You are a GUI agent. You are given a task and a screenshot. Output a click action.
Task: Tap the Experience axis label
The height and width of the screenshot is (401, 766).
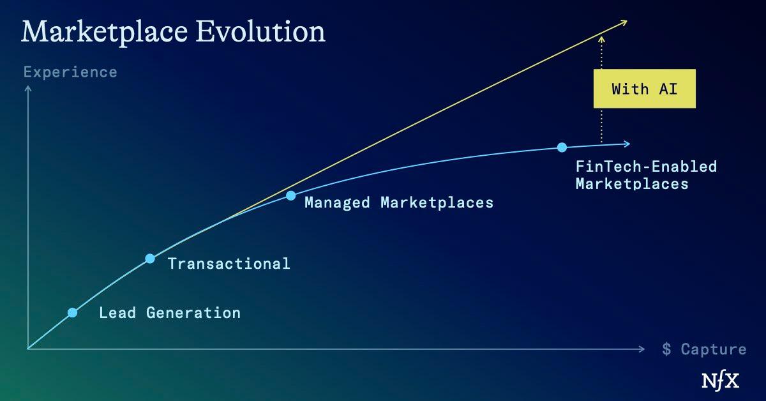[70, 72]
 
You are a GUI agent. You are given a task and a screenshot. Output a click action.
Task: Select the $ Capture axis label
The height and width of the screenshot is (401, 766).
[704, 349]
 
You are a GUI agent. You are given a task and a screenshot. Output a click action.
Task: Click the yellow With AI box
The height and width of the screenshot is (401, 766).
[644, 89]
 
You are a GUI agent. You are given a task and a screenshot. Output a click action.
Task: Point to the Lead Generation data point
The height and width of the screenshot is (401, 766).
[72, 312]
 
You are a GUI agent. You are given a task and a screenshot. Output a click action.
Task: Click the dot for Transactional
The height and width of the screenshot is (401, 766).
[150, 259]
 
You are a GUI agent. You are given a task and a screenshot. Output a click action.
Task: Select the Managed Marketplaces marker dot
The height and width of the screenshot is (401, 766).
[290, 195]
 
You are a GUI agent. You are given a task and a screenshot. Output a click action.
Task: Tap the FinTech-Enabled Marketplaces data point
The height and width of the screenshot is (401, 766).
[562, 148]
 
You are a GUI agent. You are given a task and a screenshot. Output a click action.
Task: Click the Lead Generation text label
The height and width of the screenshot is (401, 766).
[170, 313]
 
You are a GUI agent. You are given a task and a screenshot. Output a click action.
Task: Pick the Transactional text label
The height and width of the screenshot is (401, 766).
[229, 263]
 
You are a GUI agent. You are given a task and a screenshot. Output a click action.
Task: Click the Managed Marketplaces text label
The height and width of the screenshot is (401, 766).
[399, 203]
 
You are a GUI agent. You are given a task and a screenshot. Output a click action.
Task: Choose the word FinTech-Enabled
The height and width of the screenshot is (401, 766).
[646, 167]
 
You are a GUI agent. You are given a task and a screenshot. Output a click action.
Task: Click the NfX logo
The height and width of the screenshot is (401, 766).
[721, 381]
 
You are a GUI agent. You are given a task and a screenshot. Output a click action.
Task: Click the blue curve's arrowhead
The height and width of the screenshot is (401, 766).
[627, 144]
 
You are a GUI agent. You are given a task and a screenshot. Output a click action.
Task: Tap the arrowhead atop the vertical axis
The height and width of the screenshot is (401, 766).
[27, 88]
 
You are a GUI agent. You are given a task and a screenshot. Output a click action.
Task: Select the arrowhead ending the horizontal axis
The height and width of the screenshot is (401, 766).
[642, 349]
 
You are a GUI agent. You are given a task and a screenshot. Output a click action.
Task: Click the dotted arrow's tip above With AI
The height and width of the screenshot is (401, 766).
[601, 38]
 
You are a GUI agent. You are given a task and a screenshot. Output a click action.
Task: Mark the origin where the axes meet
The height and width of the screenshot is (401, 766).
[27, 349]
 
